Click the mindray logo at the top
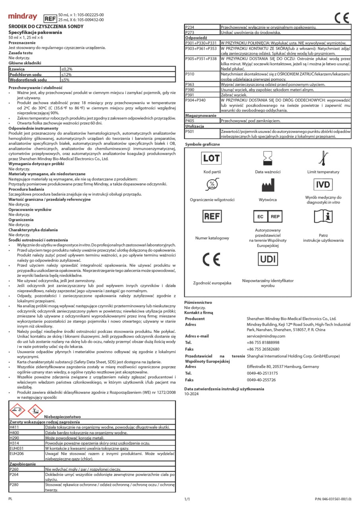pos(23,17)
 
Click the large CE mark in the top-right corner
pos(342,18)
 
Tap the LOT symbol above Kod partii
pos(211,158)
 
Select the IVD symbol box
pos(323,185)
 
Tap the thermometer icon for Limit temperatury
pos(322,158)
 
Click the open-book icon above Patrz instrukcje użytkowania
pos(323,217)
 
